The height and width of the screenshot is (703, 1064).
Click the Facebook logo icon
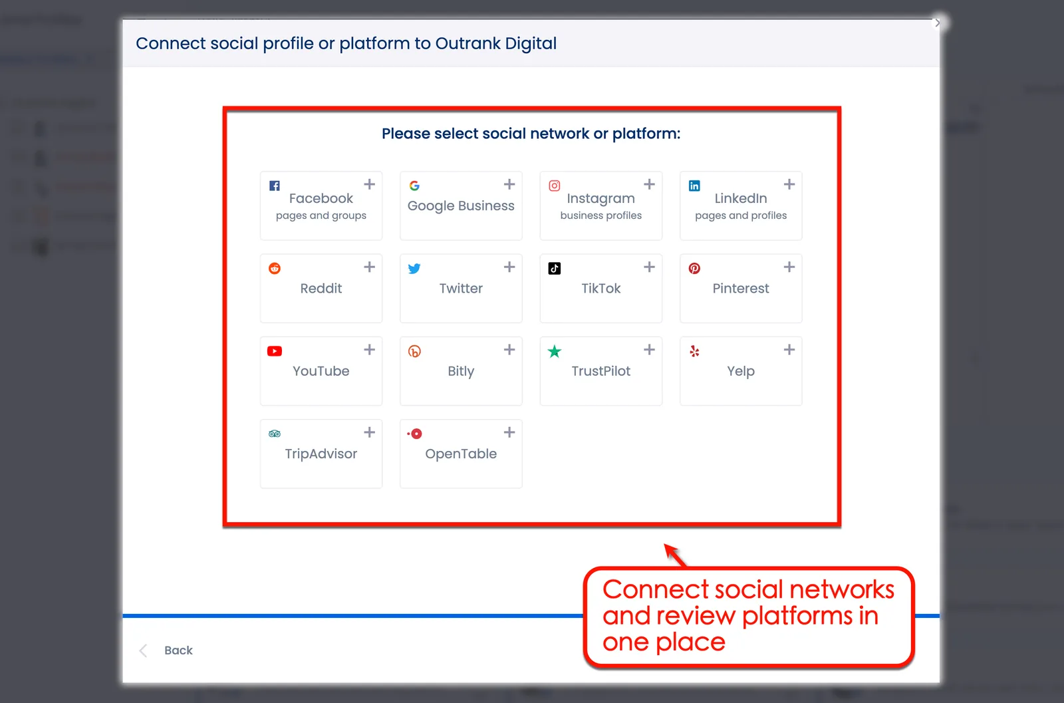coord(275,186)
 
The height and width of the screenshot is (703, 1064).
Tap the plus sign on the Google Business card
coord(509,184)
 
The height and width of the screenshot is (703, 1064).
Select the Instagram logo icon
coord(555,186)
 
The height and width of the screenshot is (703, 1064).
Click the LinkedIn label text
coord(740,198)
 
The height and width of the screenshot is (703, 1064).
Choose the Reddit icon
coord(275,269)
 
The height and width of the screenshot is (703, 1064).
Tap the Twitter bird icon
coord(414,269)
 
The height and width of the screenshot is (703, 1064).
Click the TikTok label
coord(600,288)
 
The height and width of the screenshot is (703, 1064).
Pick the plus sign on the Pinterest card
coord(789,267)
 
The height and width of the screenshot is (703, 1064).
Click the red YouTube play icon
coord(275,351)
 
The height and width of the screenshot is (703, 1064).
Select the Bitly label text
coord(461,371)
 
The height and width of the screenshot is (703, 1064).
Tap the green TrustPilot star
coord(555,351)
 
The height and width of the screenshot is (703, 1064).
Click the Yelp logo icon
coord(694,351)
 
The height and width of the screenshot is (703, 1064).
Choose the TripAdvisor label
coord(321,454)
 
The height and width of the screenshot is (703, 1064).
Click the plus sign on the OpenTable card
coord(509,432)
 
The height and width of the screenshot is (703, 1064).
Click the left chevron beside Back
coord(143,650)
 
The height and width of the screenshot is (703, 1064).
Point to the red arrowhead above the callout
coord(671,551)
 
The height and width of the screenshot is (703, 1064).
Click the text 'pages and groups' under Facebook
coord(321,215)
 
